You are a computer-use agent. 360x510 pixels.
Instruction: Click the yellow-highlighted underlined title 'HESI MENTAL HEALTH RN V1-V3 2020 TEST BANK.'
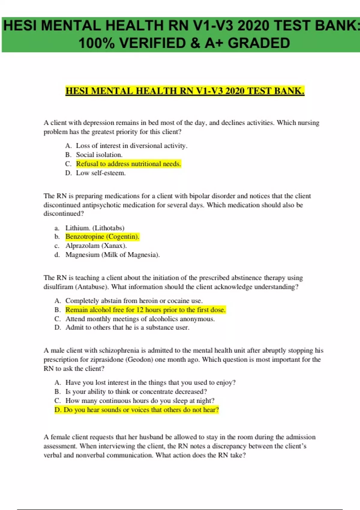[x=185, y=91]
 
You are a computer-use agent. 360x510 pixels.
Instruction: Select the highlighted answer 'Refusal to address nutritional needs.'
[x=128, y=164]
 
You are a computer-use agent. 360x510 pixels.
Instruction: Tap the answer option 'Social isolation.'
[x=99, y=155]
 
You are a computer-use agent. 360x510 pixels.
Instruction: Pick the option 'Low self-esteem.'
[x=100, y=173]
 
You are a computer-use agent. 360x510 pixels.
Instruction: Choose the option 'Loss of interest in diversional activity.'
[x=131, y=146]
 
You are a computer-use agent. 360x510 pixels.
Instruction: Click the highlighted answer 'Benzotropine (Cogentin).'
[x=102, y=237]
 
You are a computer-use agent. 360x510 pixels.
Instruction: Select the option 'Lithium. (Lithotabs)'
[x=95, y=228]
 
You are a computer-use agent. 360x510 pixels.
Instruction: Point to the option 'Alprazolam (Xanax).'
[x=96, y=246]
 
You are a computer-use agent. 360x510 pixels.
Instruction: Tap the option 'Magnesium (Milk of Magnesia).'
[x=112, y=255]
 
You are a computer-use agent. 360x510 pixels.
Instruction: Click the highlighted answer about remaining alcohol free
[x=145, y=310]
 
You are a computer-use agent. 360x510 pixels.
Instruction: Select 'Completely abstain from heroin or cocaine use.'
[x=134, y=301]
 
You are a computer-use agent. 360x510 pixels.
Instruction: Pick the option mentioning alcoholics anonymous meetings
[x=140, y=319]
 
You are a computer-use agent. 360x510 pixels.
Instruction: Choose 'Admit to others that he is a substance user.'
[x=127, y=328]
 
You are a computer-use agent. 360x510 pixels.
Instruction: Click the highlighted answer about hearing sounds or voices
[x=137, y=410]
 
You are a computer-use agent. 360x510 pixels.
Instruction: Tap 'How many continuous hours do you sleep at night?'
[x=140, y=401]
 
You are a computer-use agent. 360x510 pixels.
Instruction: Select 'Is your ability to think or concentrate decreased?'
[x=136, y=392]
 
